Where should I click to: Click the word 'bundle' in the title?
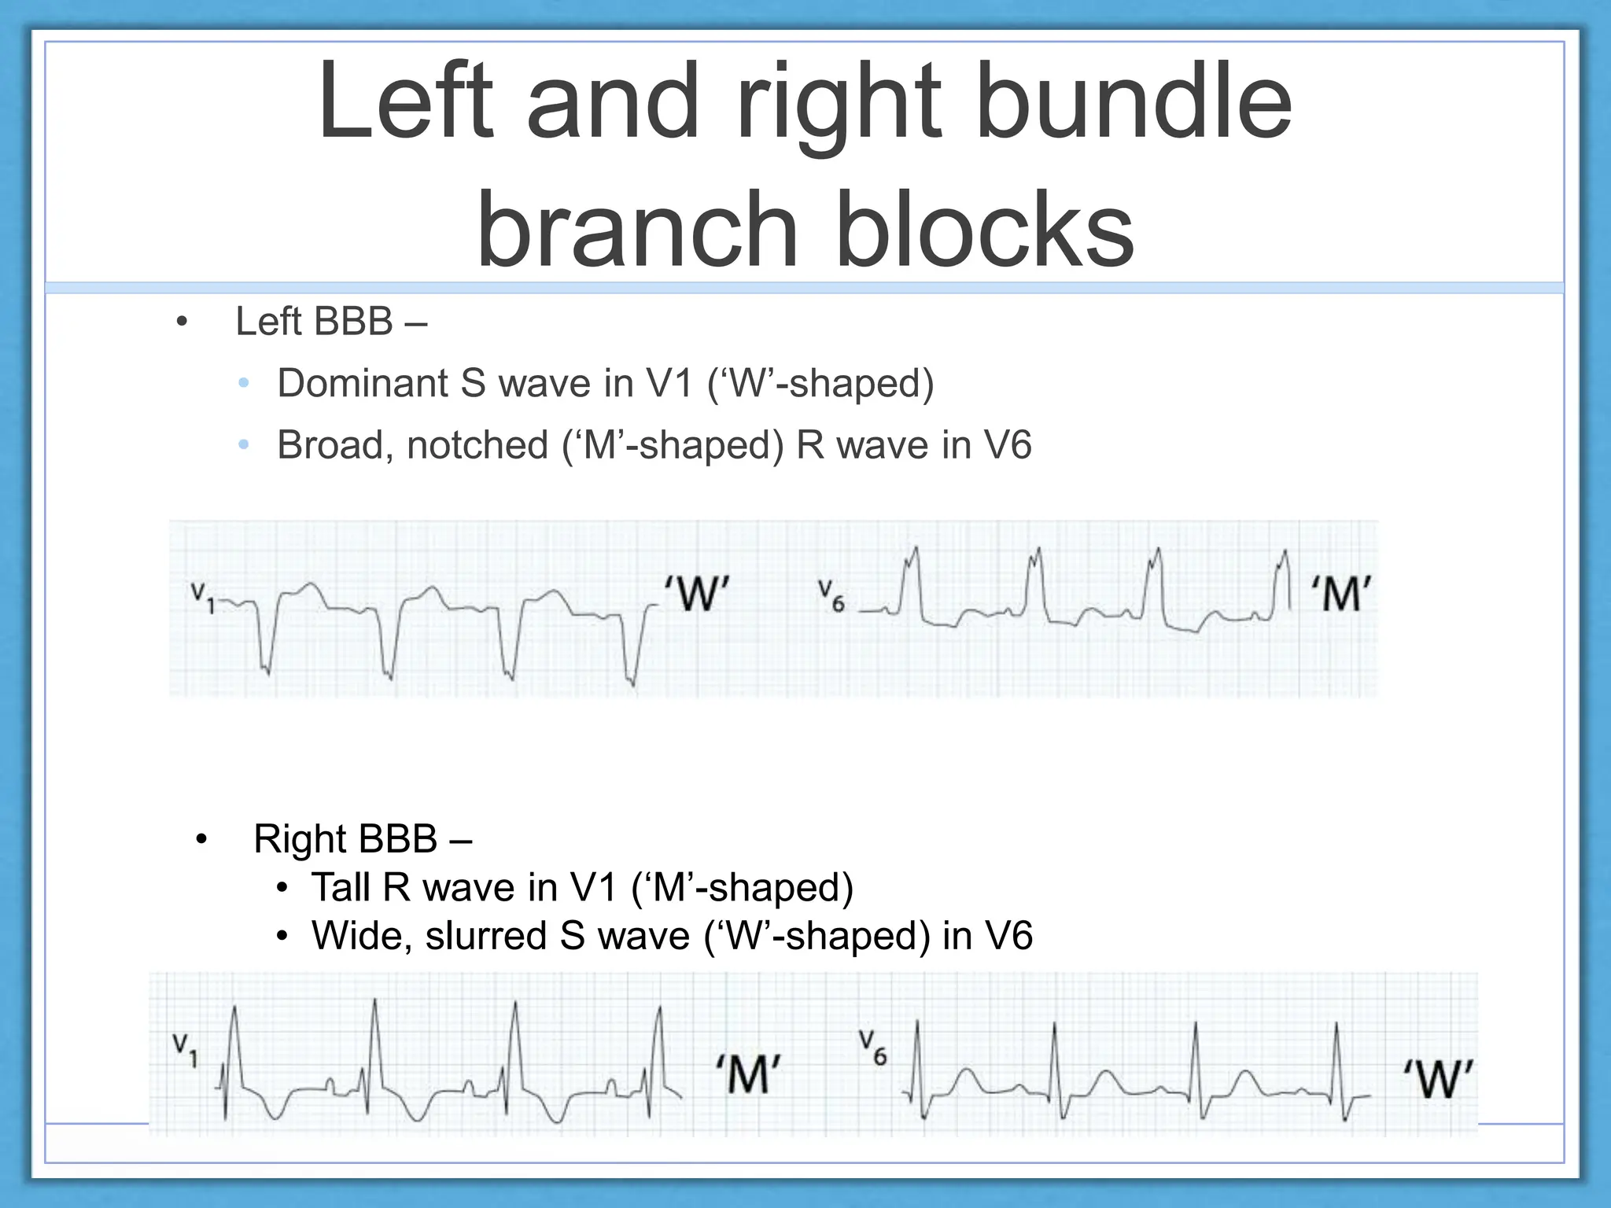pyautogui.click(x=1133, y=102)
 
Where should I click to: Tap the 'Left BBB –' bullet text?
pyautogui.click(x=331, y=322)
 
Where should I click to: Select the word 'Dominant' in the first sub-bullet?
pyautogui.click(x=363, y=384)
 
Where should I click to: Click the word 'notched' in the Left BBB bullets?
pyautogui.click(x=477, y=445)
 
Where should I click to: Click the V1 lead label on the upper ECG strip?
pyautogui.click(x=202, y=598)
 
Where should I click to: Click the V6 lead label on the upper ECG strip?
pyautogui.click(x=831, y=595)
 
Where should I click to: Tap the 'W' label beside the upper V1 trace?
pyautogui.click(x=697, y=593)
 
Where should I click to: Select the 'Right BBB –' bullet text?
pyautogui.click(x=362, y=839)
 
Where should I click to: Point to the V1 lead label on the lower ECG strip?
pyautogui.click(x=186, y=1051)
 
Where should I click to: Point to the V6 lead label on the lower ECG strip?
pyautogui.click(x=872, y=1048)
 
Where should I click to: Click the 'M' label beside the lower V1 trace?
pyautogui.click(x=748, y=1074)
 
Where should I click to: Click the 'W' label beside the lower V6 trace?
pyautogui.click(x=1439, y=1079)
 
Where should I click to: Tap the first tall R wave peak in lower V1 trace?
pyautogui.click(x=234, y=1007)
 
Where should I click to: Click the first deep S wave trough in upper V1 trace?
pyautogui.click(x=265, y=671)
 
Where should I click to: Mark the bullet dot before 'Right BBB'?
pyautogui.click(x=201, y=840)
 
